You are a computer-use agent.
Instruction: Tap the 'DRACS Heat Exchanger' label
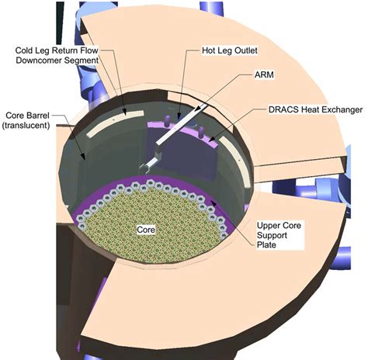coord(314,110)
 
